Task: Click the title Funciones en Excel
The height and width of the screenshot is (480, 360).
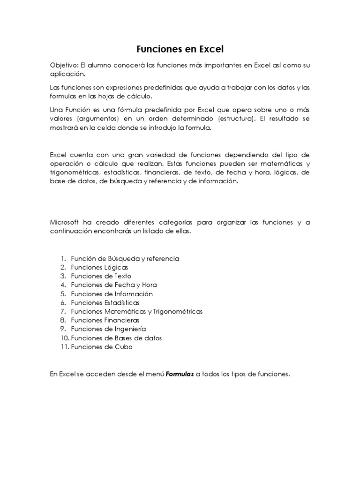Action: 180,49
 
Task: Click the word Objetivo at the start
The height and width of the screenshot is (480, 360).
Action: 62,66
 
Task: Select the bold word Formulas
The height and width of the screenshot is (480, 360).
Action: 180,374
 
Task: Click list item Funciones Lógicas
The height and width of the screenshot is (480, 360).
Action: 99,267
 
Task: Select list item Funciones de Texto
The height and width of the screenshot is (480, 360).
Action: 101,276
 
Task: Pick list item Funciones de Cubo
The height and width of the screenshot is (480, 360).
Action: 102,347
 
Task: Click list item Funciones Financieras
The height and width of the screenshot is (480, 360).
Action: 105,320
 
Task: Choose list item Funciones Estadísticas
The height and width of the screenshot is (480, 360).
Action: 105,303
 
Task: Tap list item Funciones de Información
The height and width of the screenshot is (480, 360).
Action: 112,294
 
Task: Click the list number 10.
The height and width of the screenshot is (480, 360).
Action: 64,338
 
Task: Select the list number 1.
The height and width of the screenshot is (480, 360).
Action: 63,258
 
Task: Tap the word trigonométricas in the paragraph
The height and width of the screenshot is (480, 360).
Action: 75,172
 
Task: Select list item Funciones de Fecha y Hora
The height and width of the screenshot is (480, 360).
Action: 114,285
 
